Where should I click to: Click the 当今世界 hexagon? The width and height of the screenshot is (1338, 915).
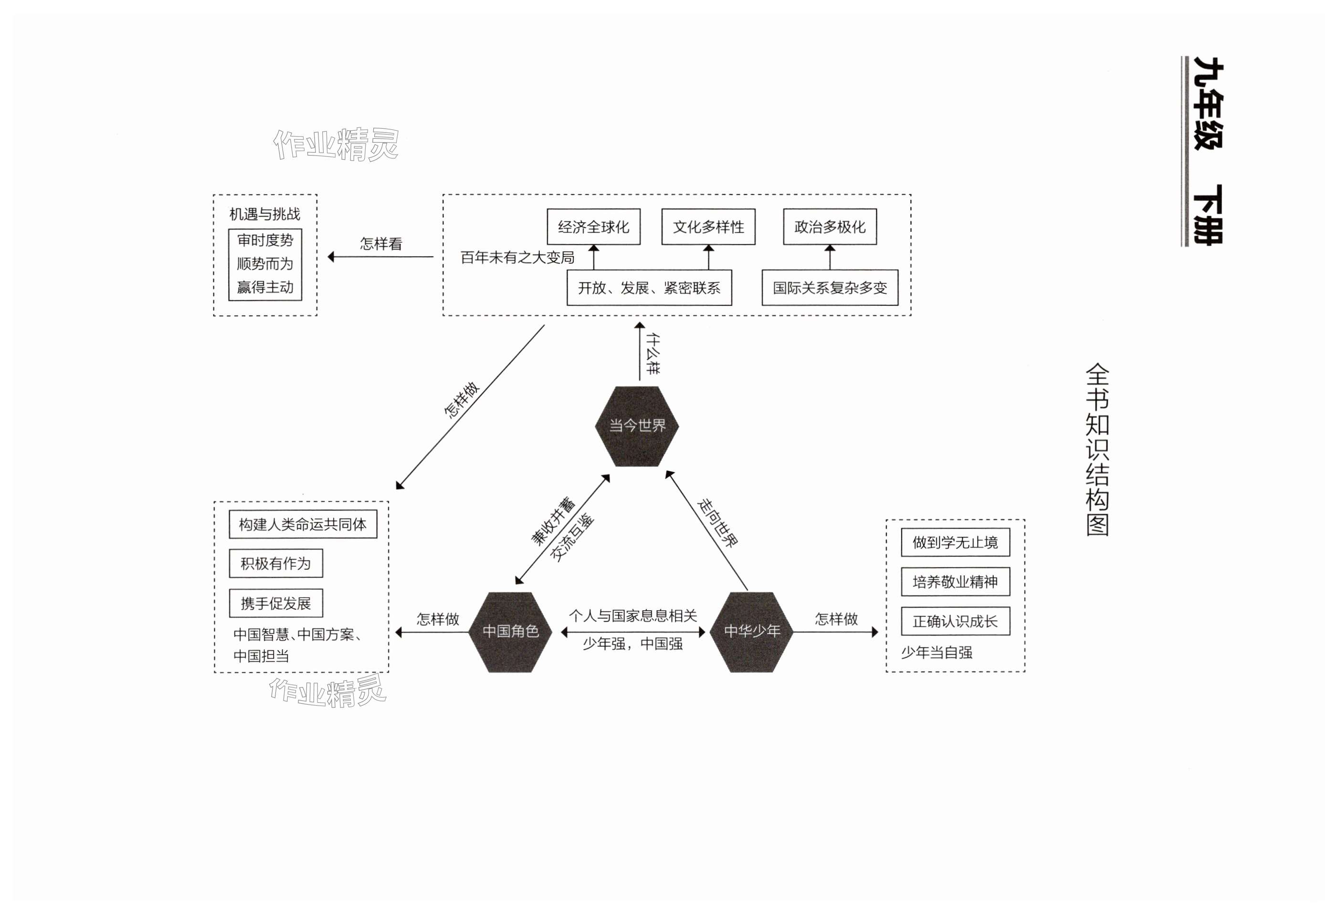click(x=637, y=426)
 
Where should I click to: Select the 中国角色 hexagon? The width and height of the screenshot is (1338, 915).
click(x=510, y=631)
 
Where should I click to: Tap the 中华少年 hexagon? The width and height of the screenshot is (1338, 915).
click(x=752, y=631)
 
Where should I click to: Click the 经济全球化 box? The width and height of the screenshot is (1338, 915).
click(x=593, y=227)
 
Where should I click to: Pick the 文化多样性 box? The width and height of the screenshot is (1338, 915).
click(x=708, y=227)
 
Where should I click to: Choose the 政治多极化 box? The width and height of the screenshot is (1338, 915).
click(x=830, y=227)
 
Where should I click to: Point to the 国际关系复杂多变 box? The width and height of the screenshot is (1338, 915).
click(x=830, y=288)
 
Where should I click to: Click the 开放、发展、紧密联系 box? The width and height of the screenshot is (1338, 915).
click(x=649, y=288)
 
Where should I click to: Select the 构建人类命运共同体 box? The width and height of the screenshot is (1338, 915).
click(x=303, y=524)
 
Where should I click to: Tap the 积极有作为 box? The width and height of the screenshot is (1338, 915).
click(x=275, y=563)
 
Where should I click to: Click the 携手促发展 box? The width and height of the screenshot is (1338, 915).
click(x=275, y=603)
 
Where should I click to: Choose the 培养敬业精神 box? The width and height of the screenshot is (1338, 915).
click(x=955, y=582)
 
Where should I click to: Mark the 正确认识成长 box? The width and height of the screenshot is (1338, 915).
click(x=955, y=622)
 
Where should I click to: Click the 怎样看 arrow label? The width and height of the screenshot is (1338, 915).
click(x=380, y=243)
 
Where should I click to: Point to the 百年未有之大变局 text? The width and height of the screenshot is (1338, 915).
click(x=517, y=257)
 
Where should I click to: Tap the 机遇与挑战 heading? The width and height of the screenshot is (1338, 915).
click(x=265, y=214)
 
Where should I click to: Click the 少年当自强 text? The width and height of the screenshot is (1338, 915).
click(x=937, y=653)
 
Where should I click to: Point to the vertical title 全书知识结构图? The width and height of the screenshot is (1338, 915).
click(x=1097, y=449)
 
